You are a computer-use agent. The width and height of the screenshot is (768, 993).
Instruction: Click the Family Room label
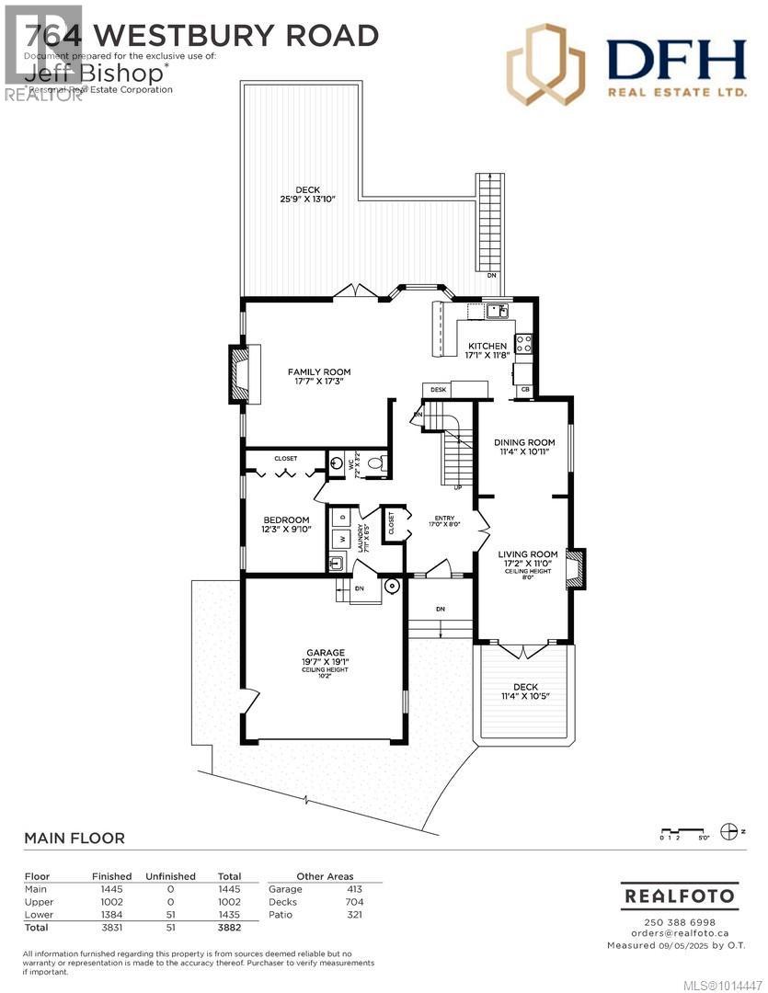coord(317,372)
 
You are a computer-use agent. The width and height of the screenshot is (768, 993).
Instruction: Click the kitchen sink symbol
coord(498,311)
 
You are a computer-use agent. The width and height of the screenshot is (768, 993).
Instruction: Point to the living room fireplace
coord(575,568)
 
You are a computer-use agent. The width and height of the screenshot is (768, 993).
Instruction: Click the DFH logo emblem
coord(545,64)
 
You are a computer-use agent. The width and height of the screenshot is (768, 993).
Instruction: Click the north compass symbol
coord(733,831)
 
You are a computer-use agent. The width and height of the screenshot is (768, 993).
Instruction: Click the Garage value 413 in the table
coord(353,889)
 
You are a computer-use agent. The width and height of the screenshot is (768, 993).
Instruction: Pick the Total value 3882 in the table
coord(228,929)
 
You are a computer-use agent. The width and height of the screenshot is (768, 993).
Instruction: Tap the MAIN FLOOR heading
coord(75,839)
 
